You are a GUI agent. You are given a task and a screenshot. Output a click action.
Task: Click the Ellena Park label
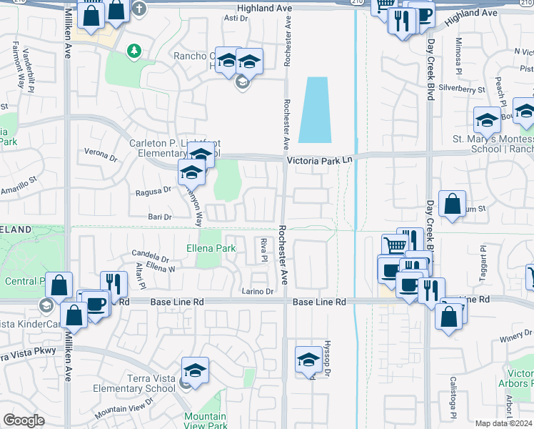(211, 249)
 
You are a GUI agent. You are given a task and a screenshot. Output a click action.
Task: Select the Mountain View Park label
(205, 421)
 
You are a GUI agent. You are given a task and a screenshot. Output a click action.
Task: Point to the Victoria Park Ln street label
(321, 162)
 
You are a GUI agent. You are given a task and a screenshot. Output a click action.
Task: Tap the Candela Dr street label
(150, 255)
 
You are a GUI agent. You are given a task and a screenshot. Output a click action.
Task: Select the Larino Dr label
(258, 291)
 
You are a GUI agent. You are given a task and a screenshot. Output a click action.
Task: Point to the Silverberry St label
(462, 90)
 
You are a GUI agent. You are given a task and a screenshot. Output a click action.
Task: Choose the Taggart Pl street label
(483, 260)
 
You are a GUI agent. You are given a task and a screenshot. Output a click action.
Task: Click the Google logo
(24, 420)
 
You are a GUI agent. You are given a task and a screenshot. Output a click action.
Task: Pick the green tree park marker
(133, 51)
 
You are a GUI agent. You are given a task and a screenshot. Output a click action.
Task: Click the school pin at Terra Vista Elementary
(195, 372)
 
